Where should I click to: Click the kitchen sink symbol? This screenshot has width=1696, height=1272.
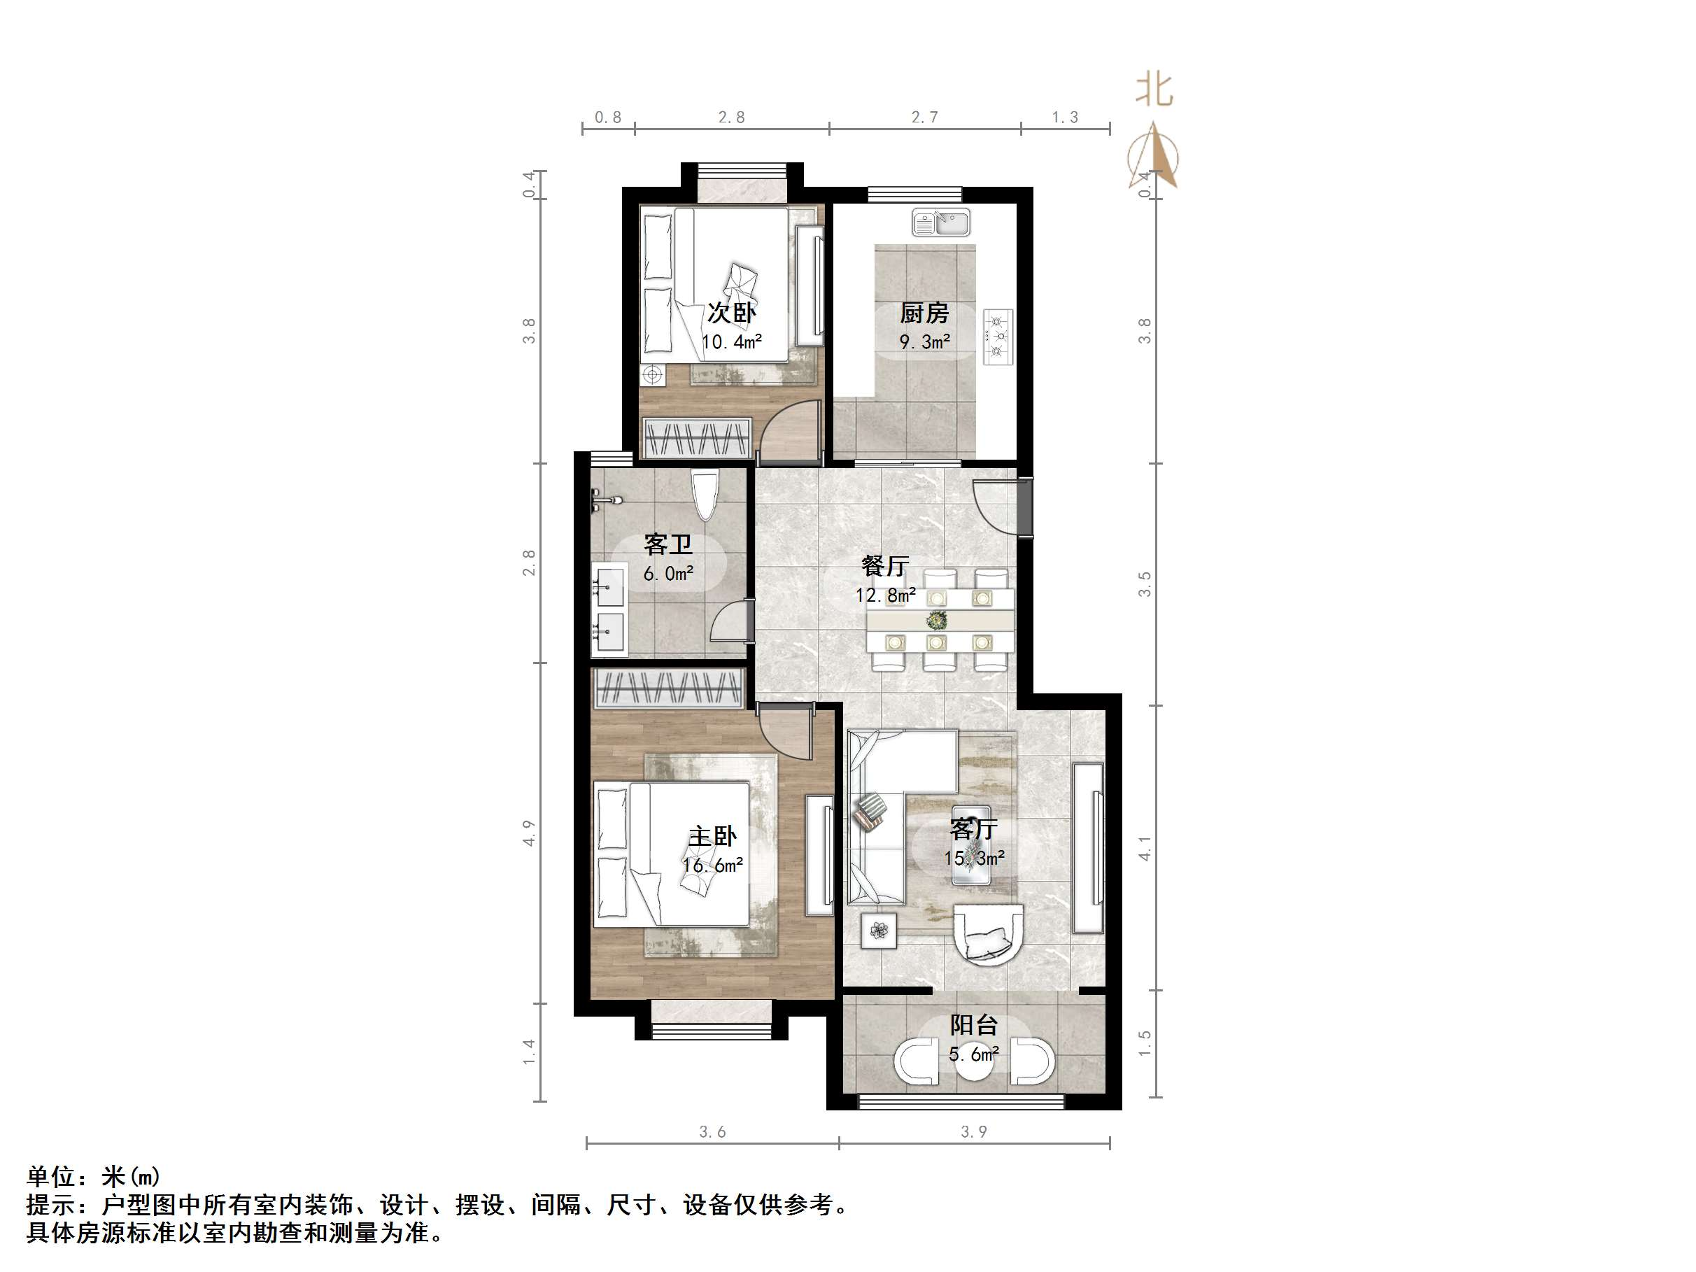pos(941,223)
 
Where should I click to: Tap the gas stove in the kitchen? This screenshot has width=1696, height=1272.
pos(998,337)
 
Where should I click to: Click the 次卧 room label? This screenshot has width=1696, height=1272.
pos(731,313)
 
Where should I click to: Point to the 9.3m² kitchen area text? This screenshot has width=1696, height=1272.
pos(925,342)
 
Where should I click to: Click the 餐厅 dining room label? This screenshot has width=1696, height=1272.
pos(885,567)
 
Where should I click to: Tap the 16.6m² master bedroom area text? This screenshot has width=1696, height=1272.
pos(712,865)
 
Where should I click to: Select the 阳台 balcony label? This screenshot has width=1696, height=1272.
pos(974,1025)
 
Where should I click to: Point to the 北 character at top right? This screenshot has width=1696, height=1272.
pos(1154,90)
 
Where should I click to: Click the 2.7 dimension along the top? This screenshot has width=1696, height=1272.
pos(925,118)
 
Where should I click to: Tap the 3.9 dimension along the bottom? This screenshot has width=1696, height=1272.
pos(974,1131)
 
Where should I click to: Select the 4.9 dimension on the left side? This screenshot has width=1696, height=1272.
pos(529,833)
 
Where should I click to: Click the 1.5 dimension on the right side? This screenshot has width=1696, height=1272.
pos(1145,1043)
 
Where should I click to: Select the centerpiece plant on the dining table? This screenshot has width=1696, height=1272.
pos(936,619)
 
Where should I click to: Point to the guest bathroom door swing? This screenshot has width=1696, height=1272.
pos(729,622)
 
